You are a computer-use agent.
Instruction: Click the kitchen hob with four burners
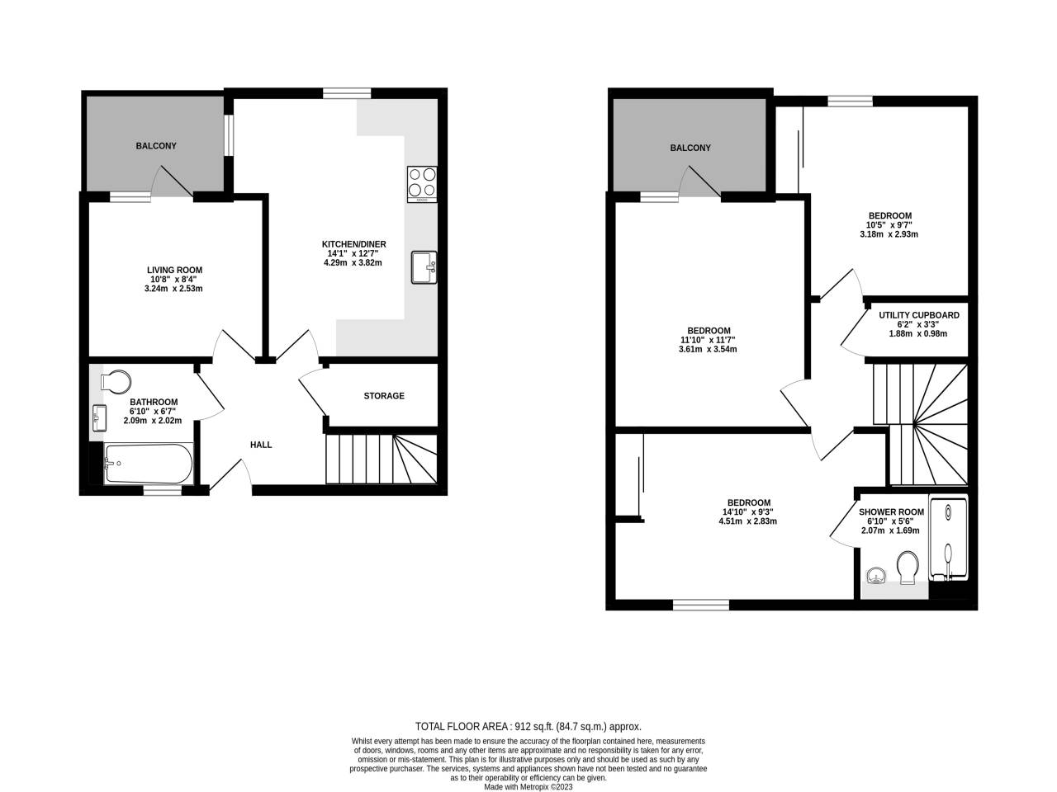coord(422,184)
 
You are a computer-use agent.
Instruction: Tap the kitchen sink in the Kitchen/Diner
coord(424,268)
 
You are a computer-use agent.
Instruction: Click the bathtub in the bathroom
coord(149,464)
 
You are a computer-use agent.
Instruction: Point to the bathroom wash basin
coord(99,418)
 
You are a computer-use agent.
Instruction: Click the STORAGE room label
coord(384,396)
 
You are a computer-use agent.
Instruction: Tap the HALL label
coord(261,445)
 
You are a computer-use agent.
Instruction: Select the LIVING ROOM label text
coord(174,270)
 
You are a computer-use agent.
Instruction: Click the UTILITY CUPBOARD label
coord(918,315)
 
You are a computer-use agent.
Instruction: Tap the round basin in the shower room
coord(876,575)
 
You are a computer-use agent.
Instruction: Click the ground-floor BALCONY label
coord(156,146)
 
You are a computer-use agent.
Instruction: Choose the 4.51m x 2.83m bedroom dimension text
coord(748,521)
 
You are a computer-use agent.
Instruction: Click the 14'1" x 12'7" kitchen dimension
coord(353,253)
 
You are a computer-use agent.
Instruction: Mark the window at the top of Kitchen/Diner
coord(347,93)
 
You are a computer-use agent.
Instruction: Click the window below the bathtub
coord(162,490)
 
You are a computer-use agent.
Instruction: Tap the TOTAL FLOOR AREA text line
coord(528,727)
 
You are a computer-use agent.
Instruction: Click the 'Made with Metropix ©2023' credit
coord(528,786)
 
